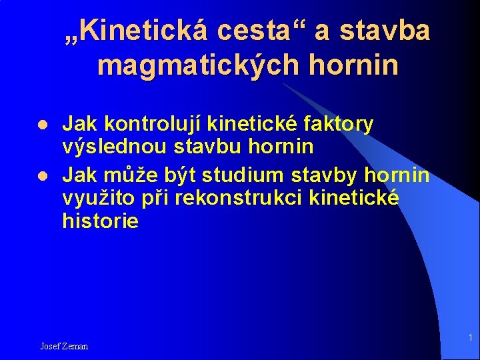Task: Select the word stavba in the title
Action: tap(385, 31)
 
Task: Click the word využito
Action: tap(93, 198)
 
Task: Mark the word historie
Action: tap(100, 221)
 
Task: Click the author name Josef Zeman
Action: tap(64, 346)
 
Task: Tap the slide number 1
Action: tap(469, 337)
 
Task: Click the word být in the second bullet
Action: tap(179, 175)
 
